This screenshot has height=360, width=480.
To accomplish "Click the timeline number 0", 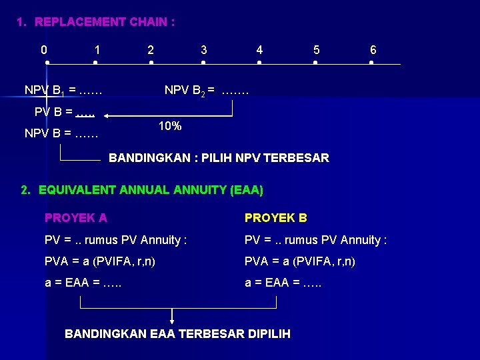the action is click(44, 50).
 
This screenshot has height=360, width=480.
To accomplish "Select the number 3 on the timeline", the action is click(204, 50).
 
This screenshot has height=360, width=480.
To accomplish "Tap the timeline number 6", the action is click(373, 50).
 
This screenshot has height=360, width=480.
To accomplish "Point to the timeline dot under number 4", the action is click(259, 63).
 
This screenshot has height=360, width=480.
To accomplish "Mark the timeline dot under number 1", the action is click(95, 63).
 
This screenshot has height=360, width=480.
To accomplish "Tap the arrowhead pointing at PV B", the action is click(108, 117).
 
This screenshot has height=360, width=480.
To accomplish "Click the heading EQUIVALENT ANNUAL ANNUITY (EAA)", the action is click(151, 190).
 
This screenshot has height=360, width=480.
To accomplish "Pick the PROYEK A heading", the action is click(75, 218).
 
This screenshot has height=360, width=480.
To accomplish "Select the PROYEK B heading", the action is click(276, 218).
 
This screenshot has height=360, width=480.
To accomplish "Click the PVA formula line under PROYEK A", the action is click(100, 262).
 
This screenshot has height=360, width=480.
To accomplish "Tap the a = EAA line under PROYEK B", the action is click(283, 283).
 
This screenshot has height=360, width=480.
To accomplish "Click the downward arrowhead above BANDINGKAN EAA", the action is click(173, 321).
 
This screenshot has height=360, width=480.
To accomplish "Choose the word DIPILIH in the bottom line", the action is click(268, 334).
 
